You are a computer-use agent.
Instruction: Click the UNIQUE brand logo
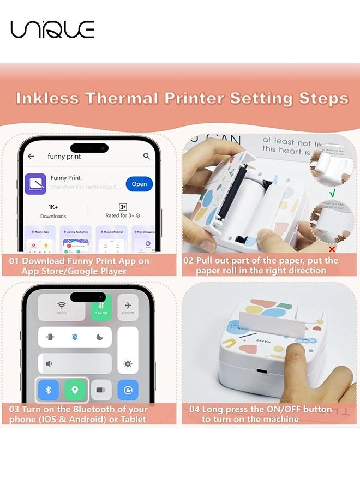click(x=52, y=29)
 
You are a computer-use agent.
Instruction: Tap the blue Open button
click(x=139, y=184)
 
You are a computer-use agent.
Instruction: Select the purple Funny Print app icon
click(x=35, y=184)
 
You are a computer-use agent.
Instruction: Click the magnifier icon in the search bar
click(x=146, y=157)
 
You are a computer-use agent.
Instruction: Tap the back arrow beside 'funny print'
click(x=31, y=157)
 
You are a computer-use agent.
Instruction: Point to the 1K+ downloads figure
click(x=53, y=207)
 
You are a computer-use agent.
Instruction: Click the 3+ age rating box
click(x=123, y=207)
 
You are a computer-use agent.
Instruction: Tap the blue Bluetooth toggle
click(x=48, y=390)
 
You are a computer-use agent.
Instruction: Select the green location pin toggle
click(x=75, y=390)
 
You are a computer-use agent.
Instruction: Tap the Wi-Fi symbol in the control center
click(x=61, y=305)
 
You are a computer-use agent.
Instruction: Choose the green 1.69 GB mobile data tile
click(x=101, y=307)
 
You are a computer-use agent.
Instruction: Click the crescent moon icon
click(x=99, y=337)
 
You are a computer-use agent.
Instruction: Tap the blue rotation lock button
click(x=128, y=390)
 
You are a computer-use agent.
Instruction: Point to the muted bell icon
click(x=74, y=337)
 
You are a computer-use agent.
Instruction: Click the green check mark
click(x=333, y=193)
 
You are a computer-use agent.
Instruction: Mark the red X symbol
click(x=333, y=248)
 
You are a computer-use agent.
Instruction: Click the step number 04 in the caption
click(x=194, y=409)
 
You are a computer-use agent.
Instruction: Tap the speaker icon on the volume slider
click(x=49, y=363)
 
